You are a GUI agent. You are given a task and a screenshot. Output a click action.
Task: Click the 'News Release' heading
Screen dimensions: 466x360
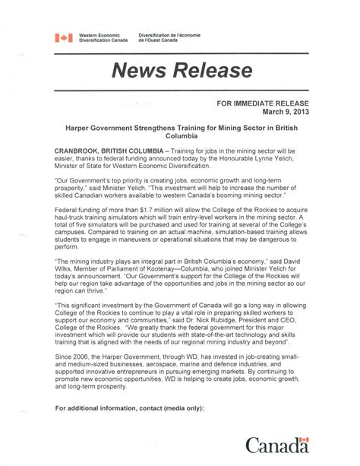(182, 71)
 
